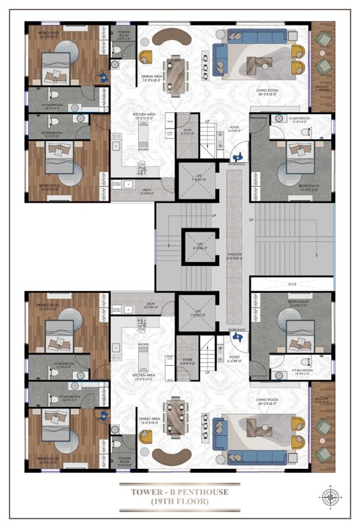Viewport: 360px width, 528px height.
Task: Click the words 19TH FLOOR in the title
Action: pos(179,502)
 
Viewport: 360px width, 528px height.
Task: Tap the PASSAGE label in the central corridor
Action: pos(235,256)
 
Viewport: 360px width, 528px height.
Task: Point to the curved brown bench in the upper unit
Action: pos(169,39)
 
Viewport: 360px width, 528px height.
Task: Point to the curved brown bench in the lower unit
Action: pos(169,456)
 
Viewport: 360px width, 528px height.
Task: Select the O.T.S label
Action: pos(291,284)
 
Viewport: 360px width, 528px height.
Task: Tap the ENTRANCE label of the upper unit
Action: pos(237,164)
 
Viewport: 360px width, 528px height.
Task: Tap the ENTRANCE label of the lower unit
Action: pos(237,330)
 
